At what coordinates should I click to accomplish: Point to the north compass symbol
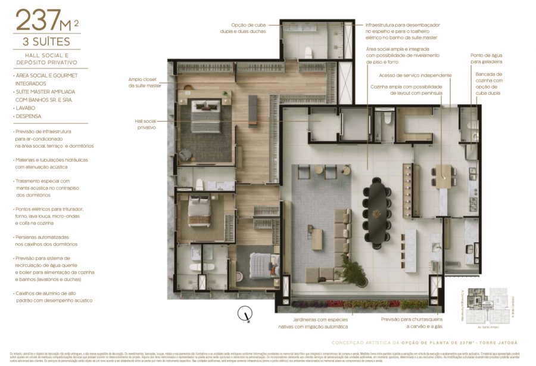[x=244, y=312]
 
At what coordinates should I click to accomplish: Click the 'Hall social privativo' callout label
[x=146, y=123]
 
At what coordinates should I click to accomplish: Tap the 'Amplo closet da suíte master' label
[x=145, y=82]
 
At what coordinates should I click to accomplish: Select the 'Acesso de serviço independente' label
[x=415, y=76]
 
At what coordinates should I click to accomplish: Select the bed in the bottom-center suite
[x=263, y=265]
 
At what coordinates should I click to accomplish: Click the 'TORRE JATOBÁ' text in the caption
[x=496, y=343]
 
